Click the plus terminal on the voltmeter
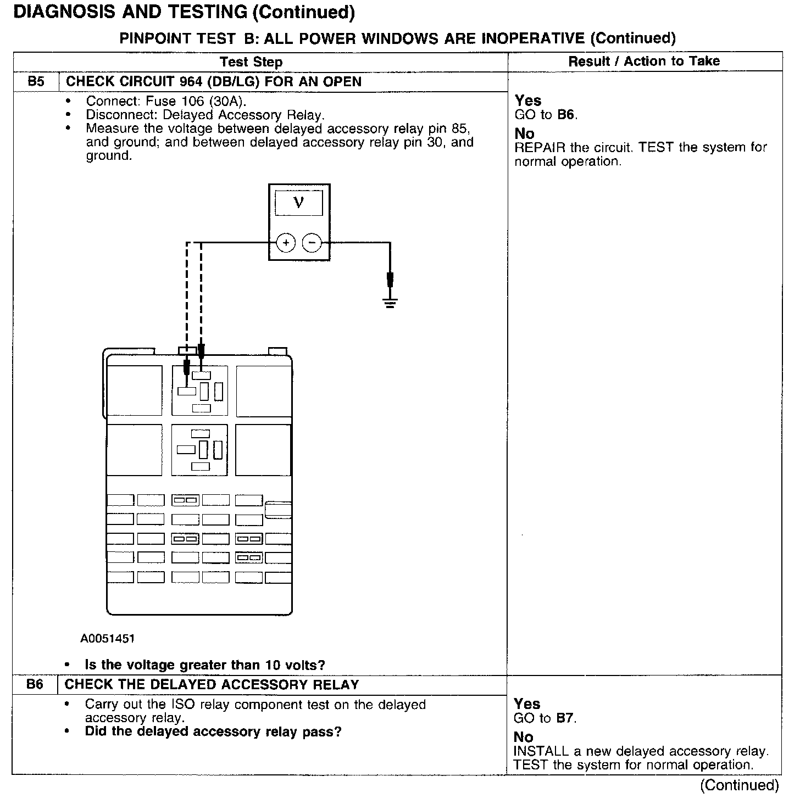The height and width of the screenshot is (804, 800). [x=286, y=242]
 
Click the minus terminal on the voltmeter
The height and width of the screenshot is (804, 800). [x=312, y=242]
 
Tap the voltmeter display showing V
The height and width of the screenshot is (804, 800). [x=299, y=203]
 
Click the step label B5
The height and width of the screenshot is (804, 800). [x=36, y=82]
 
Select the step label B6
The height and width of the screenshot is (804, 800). [x=35, y=684]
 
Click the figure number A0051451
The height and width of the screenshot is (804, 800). [x=108, y=639]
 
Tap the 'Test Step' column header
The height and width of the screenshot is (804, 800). [x=251, y=62]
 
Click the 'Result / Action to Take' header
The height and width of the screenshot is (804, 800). [x=644, y=61]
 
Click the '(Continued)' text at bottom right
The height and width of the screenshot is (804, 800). [x=739, y=785]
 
